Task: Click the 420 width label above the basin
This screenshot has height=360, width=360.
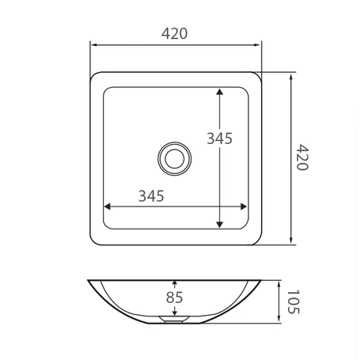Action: pos(174,33)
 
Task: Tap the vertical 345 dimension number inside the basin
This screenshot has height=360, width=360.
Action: pos(219,138)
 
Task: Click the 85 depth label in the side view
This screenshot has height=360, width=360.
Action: pos(175,297)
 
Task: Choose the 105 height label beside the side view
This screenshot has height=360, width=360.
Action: pos(294,301)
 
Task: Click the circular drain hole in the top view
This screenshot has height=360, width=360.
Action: pos(174,157)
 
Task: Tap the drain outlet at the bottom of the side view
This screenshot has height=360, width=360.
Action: pos(174,320)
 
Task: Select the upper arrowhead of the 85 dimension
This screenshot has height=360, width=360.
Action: pos(174,283)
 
